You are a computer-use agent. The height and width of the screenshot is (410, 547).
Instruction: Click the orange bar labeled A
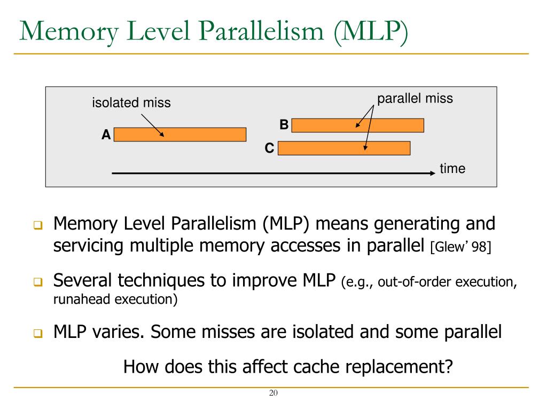click(x=180, y=135)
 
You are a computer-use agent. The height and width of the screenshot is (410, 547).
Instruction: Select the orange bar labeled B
click(x=357, y=125)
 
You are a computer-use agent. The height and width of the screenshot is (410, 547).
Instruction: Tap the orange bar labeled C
click(x=344, y=148)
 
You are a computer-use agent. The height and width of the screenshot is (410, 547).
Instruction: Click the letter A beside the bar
click(x=106, y=136)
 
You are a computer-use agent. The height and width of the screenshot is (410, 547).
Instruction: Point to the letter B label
click(x=284, y=125)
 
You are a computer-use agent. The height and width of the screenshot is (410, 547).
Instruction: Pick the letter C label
click(x=270, y=148)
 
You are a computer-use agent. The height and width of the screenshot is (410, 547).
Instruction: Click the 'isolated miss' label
click(x=131, y=102)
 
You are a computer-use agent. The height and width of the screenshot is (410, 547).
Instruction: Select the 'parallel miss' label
click(x=415, y=98)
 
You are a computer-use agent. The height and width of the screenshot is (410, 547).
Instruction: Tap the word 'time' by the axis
click(x=452, y=169)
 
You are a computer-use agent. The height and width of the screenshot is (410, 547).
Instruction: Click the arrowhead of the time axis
click(x=433, y=173)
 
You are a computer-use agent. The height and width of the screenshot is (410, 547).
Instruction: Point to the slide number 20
click(x=273, y=393)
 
